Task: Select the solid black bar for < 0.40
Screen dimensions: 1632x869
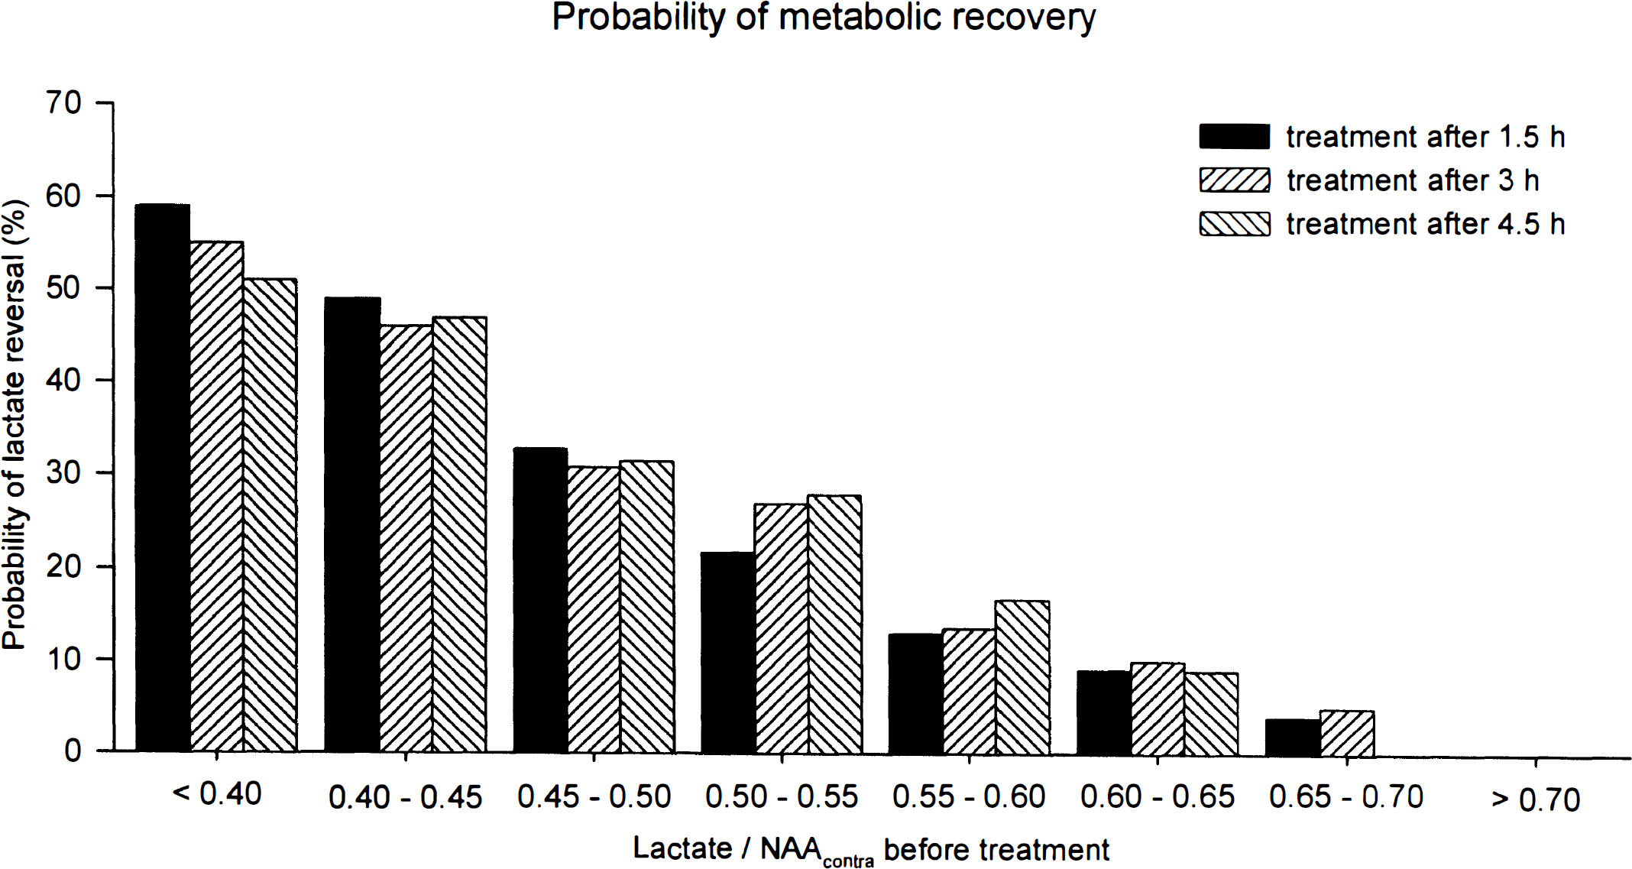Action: point(163,478)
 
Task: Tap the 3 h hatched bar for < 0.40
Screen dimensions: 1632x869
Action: point(217,497)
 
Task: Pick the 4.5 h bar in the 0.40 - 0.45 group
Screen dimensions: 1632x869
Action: point(459,534)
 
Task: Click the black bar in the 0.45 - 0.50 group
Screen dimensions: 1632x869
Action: point(541,600)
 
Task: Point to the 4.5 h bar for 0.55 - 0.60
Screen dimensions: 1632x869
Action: point(1022,678)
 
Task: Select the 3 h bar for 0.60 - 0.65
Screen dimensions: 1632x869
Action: point(1158,709)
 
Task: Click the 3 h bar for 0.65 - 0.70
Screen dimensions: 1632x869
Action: point(1347,734)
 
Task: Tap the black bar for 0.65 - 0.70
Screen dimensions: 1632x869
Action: point(1293,738)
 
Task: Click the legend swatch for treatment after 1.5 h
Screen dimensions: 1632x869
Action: point(1235,136)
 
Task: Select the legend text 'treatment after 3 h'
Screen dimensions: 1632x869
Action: point(1413,180)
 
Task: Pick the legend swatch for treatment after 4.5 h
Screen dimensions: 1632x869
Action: point(1235,224)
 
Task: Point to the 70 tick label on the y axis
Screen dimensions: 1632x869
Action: point(63,102)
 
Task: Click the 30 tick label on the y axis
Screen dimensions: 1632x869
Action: point(63,473)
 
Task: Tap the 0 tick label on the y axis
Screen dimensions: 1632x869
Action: point(73,751)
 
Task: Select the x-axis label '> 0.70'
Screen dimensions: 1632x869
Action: point(1535,799)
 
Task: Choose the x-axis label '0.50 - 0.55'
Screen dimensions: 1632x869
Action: point(782,796)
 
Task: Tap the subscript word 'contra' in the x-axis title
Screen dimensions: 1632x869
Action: point(849,861)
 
